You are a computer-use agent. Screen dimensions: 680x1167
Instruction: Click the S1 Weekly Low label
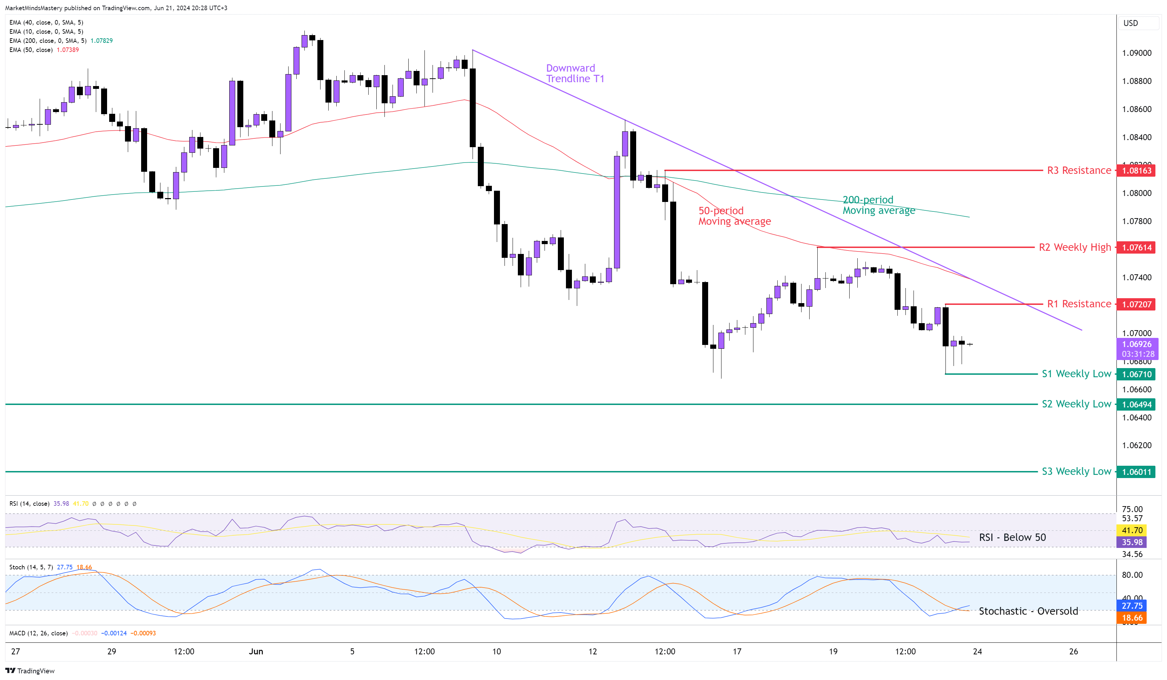1076,374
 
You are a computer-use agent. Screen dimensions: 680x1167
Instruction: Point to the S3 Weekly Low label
1076,472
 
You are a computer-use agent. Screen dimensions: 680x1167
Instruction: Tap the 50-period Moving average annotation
734,216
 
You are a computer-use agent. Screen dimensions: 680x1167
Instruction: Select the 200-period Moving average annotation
878,205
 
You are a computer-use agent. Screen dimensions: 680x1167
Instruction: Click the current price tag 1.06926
1136,344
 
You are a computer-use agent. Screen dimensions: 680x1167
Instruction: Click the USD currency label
1130,23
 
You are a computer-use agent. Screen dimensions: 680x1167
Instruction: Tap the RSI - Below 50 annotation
1012,537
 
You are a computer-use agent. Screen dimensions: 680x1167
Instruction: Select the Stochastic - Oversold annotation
1028,611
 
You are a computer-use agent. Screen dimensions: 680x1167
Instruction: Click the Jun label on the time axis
256,651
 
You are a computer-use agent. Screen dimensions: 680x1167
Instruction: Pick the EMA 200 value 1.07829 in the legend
101,41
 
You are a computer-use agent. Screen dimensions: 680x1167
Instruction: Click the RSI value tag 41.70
1132,530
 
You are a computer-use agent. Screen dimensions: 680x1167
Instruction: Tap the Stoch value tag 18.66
1132,617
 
